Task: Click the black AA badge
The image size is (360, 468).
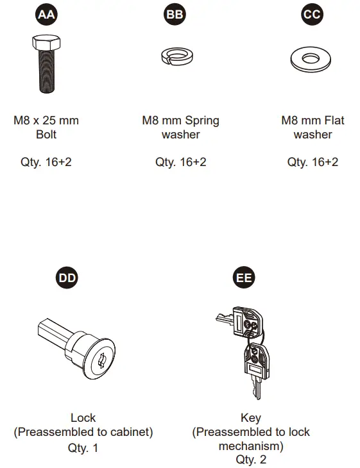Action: [x=46, y=14]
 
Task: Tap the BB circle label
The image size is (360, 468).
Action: [x=175, y=14]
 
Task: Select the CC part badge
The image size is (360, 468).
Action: [x=312, y=14]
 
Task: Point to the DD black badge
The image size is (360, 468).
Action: [x=67, y=278]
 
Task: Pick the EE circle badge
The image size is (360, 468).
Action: [x=244, y=278]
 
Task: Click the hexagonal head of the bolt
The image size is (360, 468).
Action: [x=46, y=42]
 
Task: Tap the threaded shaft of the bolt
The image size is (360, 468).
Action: [x=47, y=71]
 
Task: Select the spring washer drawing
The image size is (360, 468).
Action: [x=177, y=56]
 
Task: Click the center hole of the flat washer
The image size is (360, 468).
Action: [x=311, y=58]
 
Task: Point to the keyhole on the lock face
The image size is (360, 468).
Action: [x=102, y=360]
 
